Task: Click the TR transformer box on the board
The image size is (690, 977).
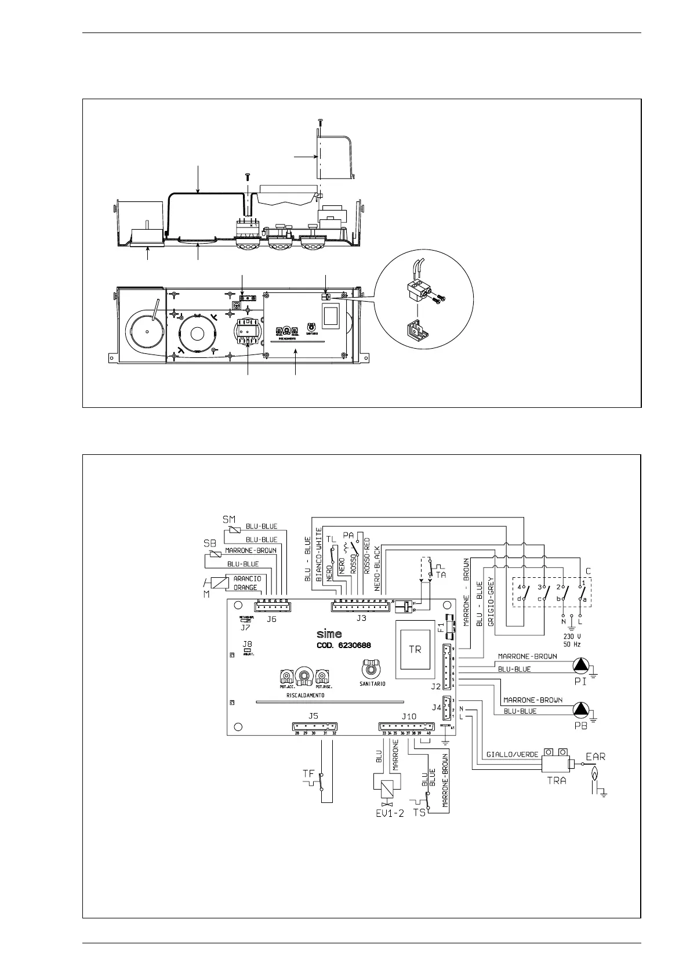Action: click(x=415, y=650)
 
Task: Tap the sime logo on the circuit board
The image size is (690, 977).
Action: click(x=329, y=634)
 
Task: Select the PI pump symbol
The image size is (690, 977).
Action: click(x=580, y=665)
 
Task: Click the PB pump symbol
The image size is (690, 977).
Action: click(x=580, y=708)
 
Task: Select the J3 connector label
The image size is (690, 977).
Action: click(x=361, y=618)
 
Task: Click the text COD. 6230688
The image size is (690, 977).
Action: click(x=344, y=645)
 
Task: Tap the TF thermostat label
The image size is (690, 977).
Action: click(x=309, y=773)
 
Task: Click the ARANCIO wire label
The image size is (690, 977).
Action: click(x=248, y=578)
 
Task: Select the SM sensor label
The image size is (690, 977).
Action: click(x=230, y=518)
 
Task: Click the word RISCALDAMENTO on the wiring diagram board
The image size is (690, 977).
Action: click(x=305, y=695)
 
